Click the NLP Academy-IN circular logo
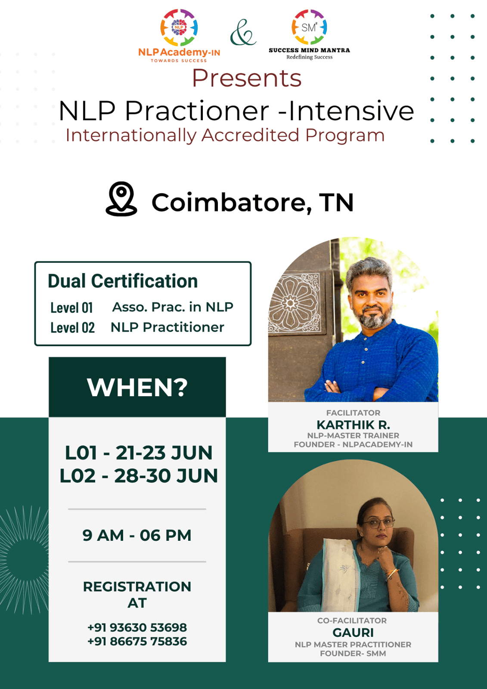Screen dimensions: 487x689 tap(179, 28)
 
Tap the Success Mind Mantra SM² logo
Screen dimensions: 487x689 tap(309, 27)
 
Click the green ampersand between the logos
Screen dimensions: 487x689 tap(243, 33)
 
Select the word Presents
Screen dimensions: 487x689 tap(247, 78)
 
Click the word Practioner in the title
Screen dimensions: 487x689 tap(197, 111)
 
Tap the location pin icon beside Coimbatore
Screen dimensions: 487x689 tap(121, 199)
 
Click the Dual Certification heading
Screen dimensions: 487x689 tap(123, 281)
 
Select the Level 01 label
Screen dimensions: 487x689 tap(71, 307)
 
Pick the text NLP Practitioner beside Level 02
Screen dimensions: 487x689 tap(168, 327)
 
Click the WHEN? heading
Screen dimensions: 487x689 tap(137, 388)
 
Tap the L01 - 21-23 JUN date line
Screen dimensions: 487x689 tap(139, 453)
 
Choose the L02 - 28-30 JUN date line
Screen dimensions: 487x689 tap(139, 476)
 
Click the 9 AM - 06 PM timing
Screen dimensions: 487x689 tap(137, 536)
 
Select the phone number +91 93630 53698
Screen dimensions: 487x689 tap(137, 627)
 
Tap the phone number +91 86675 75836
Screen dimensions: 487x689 tap(137, 641)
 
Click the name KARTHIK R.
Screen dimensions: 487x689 tap(353, 425)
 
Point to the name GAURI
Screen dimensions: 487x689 tap(353, 633)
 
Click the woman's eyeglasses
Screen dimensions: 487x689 tap(378, 523)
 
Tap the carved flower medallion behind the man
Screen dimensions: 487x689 tap(291, 304)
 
